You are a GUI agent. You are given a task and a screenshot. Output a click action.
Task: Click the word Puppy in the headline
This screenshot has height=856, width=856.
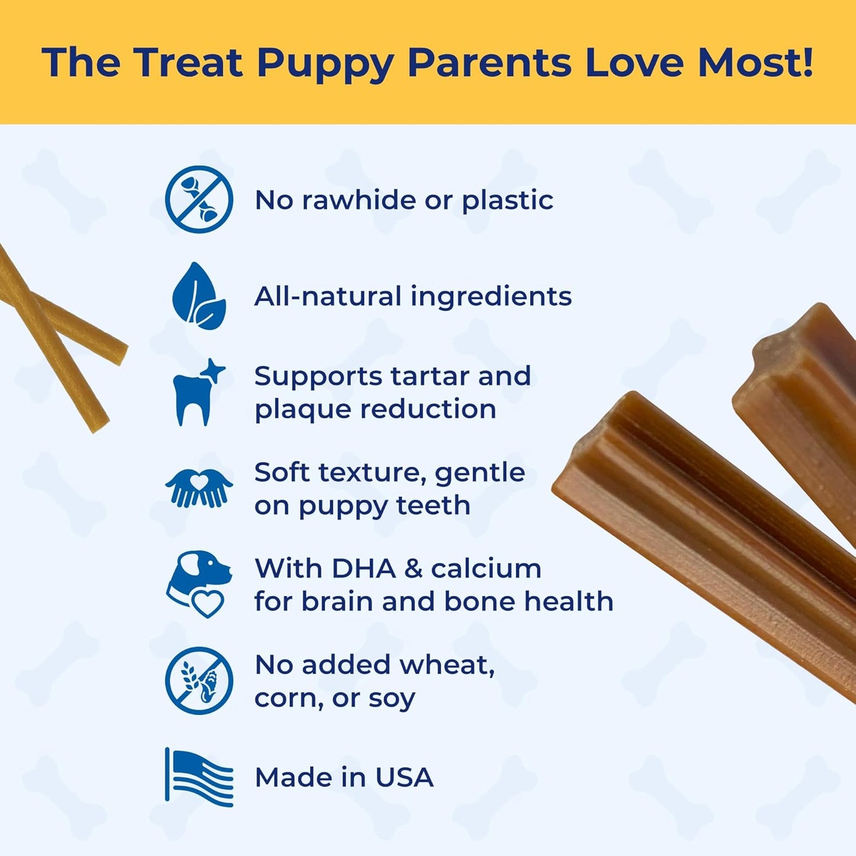(x=325, y=63)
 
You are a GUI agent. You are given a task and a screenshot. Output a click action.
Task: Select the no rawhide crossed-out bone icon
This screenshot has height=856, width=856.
(x=199, y=199)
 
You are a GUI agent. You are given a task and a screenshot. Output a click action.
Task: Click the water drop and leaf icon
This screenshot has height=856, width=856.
(x=199, y=296)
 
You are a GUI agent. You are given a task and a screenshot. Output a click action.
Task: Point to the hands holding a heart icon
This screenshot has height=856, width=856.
(x=199, y=488)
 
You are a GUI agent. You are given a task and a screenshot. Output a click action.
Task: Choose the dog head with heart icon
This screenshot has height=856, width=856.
(x=199, y=584)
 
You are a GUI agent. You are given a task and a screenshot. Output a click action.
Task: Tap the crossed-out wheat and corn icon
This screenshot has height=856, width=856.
(x=199, y=680)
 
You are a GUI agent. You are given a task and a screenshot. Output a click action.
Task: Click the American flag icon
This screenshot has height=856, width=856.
(x=199, y=777)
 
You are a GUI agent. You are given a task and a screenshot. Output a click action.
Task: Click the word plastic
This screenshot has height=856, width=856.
(x=508, y=200)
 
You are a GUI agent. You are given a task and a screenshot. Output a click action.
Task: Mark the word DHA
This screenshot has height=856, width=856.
(x=363, y=569)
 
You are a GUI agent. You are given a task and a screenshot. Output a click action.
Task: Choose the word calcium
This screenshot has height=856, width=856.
(x=486, y=569)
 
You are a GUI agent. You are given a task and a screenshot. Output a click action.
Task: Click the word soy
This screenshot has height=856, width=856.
(x=392, y=699)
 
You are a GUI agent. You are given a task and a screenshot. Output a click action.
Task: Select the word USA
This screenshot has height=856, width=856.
(x=404, y=777)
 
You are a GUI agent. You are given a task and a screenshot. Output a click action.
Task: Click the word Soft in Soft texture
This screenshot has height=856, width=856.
(x=282, y=473)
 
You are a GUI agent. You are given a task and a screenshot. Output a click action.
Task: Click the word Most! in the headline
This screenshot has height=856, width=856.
(x=755, y=62)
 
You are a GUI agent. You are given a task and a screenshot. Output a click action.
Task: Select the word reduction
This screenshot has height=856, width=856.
(x=428, y=409)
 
